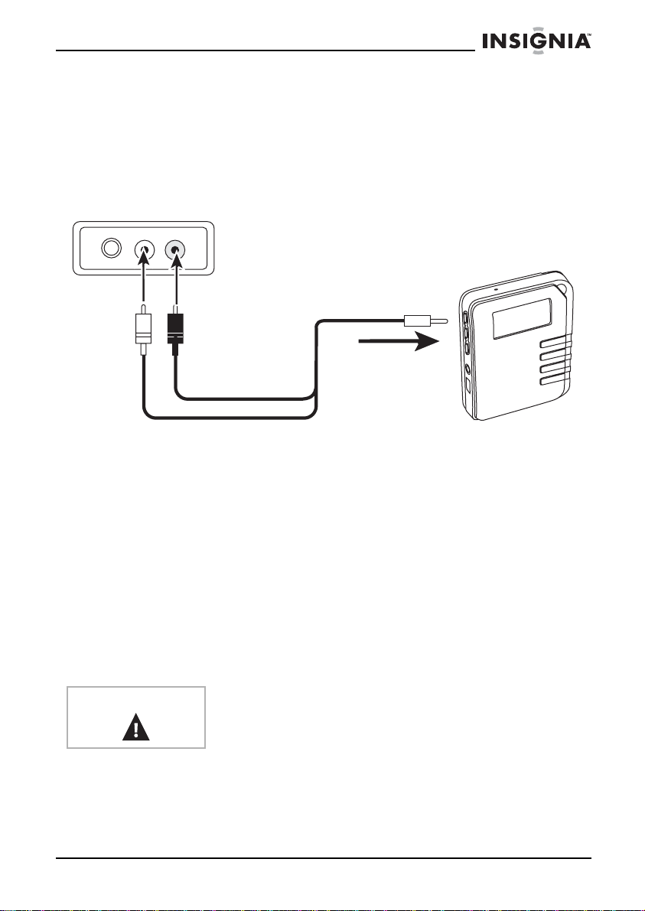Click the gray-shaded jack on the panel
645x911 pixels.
click(x=175, y=249)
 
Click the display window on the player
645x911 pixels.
click(x=525, y=320)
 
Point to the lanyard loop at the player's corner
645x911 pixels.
click(x=570, y=291)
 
